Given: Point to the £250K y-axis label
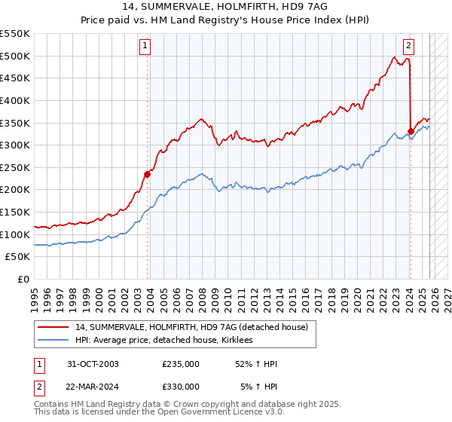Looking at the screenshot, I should coord(15,167).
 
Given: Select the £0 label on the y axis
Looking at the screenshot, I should coord(23,279).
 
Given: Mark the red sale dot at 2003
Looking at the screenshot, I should coord(148,174).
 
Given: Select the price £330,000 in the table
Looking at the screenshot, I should coord(181,386).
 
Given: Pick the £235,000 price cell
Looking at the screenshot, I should coord(181,364).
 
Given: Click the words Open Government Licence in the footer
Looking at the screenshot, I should coord(233,413).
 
